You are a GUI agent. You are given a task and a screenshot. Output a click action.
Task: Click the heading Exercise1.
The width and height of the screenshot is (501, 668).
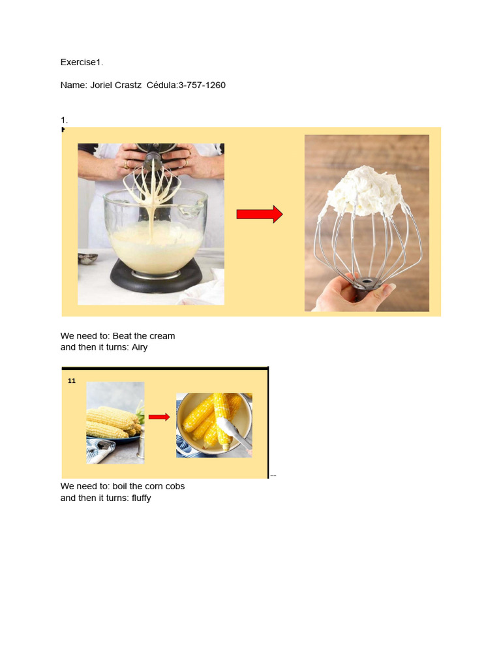tap(82, 63)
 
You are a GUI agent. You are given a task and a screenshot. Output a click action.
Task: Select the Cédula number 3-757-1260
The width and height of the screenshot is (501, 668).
tap(202, 85)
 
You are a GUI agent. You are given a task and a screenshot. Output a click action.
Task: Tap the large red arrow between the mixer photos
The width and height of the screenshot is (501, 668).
tap(259, 214)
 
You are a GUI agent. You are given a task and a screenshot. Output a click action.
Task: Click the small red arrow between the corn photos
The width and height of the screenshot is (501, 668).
tap(159, 417)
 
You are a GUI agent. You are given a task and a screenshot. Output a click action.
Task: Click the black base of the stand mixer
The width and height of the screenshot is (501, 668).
tap(157, 277)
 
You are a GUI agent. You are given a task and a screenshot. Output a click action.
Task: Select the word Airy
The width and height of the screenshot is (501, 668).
tap(139, 348)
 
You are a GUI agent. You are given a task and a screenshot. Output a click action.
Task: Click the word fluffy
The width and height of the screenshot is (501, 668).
tap(141, 498)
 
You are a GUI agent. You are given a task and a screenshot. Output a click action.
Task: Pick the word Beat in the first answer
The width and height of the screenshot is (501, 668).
tap(121, 336)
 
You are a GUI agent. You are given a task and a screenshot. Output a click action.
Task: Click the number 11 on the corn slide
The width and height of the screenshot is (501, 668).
tap(72, 381)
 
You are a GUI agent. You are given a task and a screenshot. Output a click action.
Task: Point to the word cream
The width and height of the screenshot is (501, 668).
tap(162, 336)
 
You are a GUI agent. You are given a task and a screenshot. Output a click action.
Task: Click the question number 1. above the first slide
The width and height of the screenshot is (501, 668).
tap(64, 120)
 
